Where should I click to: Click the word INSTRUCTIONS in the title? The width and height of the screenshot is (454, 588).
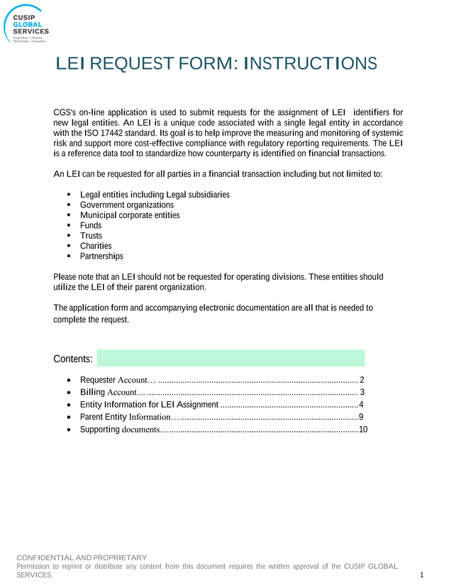[310, 64]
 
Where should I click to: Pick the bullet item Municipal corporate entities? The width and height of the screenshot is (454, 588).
[129, 215]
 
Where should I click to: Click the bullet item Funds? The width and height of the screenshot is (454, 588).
[90, 226]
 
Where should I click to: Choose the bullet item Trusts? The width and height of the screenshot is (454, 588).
[91, 236]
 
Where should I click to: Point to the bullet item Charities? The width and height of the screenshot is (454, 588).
[96, 246]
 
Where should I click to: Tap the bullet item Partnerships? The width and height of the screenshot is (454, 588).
[101, 256]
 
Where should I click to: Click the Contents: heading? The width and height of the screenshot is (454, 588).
[73, 359]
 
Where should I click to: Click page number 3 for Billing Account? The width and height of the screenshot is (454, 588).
[362, 392]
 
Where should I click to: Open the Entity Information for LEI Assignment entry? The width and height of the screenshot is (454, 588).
[149, 405]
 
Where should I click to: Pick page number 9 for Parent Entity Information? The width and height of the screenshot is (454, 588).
[361, 417]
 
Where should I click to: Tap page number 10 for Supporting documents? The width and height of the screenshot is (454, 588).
[363, 430]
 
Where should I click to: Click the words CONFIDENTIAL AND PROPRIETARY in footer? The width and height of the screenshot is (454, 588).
[82, 557]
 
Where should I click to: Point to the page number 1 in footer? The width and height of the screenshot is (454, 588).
[421, 575]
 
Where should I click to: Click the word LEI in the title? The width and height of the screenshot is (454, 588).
[70, 64]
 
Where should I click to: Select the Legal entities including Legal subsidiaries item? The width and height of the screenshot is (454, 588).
[155, 195]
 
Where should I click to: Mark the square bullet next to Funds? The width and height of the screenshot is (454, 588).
[68, 226]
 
